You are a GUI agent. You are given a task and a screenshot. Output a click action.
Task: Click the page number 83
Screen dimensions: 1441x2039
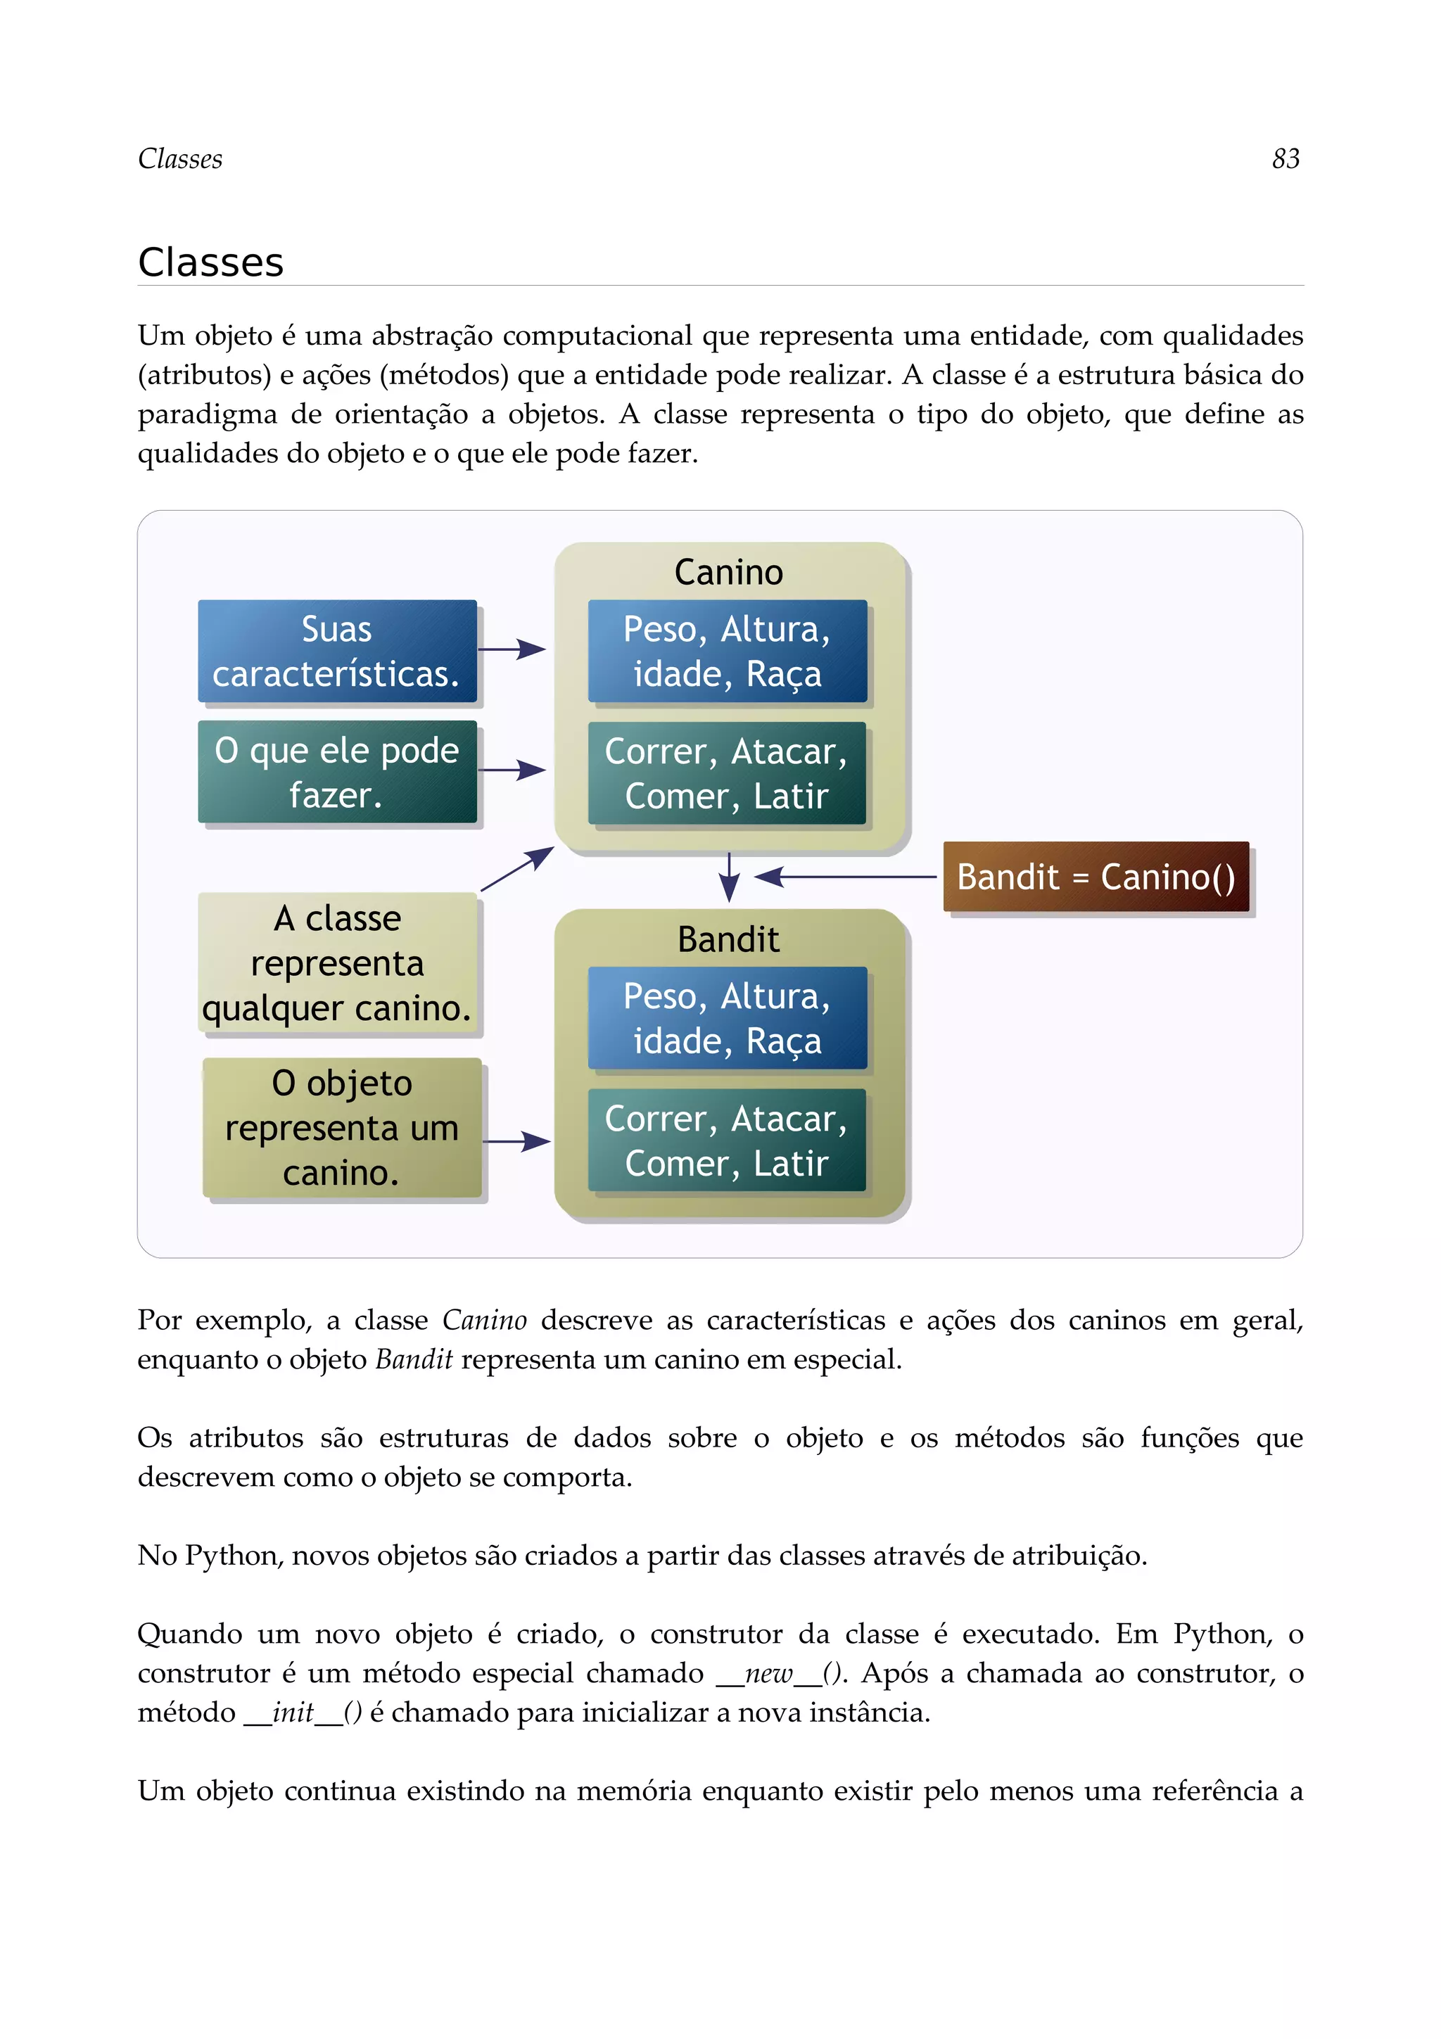1285,159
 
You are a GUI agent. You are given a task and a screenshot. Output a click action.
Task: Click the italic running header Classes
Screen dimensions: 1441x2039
180,159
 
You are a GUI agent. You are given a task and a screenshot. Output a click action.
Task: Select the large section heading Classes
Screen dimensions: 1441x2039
211,263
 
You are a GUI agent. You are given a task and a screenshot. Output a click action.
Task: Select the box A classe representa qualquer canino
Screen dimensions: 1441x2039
338,963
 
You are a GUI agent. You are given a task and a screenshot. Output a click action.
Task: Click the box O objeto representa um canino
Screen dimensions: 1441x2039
342,1128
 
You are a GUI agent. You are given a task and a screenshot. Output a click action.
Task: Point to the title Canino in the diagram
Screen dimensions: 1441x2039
728,573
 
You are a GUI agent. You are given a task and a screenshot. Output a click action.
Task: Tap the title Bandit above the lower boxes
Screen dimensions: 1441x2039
728,939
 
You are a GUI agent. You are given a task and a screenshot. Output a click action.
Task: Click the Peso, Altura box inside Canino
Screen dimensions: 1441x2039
727,651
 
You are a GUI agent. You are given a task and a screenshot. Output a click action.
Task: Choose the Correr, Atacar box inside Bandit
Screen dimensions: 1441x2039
727,1141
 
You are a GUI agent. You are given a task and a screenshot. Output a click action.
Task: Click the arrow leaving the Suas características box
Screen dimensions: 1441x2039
512,649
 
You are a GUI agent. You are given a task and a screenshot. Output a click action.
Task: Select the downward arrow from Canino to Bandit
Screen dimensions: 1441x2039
729,877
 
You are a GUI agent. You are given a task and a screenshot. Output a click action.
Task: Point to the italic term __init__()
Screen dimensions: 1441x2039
303,1713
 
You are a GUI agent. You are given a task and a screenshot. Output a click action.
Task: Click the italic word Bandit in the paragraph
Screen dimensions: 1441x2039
414,1359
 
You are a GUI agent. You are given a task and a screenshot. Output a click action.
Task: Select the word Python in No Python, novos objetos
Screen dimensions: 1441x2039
234,1556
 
